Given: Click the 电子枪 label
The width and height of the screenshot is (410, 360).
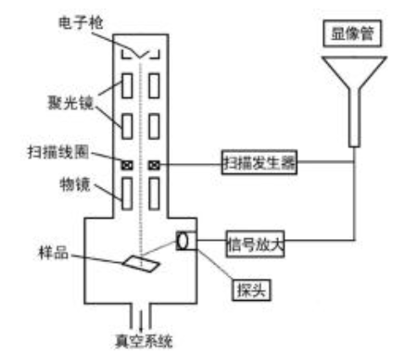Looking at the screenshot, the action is [x=81, y=23].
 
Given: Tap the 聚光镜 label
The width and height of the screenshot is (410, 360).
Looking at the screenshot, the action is [x=70, y=102].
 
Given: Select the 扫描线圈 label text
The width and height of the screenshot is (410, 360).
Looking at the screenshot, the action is [x=58, y=152].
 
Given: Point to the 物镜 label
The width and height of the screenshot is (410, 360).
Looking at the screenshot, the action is [x=75, y=185].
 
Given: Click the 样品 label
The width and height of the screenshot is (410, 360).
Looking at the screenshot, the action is [x=53, y=253].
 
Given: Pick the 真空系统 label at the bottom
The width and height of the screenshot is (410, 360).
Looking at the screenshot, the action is [x=144, y=341].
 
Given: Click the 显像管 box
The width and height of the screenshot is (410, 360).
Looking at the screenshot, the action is [x=353, y=34].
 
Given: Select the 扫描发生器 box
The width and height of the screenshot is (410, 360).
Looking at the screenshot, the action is [x=260, y=162].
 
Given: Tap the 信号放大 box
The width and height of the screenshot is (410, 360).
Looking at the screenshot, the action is [x=255, y=244].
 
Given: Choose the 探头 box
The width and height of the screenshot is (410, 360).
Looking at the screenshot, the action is [x=251, y=290].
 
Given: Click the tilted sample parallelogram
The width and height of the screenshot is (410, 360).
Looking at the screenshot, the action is [x=141, y=264].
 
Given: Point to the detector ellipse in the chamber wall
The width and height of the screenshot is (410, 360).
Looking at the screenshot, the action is [x=183, y=241].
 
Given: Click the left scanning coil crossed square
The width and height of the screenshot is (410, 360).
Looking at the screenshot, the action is [x=127, y=165].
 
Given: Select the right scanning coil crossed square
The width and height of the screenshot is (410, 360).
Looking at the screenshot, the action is [x=154, y=165].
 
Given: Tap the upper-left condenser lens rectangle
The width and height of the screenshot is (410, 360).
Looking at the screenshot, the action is [x=127, y=86].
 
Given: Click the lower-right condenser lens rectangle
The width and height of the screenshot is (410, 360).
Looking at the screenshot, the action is [x=154, y=126].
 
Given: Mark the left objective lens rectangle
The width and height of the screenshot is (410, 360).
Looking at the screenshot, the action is [x=127, y=194].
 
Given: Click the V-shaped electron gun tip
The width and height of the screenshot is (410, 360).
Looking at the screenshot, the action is [x=140, y=57].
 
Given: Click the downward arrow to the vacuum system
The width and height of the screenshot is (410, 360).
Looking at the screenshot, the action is [x=141, y=320].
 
